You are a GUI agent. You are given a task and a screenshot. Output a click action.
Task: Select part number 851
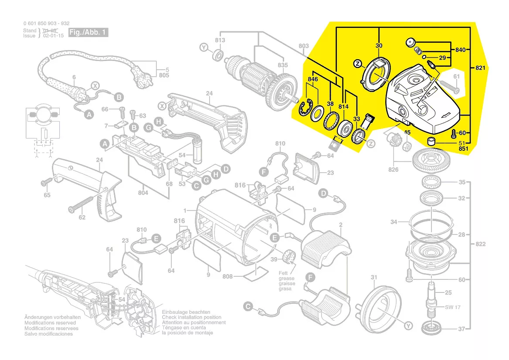pyautogui.click(x=463, y=149)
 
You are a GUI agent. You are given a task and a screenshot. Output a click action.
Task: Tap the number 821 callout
pyautogui.click(x=481, y=68)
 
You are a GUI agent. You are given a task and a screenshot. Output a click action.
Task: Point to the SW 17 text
pyautogui.click(x=453, y=307)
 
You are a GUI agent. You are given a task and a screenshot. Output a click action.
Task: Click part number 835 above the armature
pyautogui.click(x=283, y=65)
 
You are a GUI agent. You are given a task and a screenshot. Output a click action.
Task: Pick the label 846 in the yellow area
pyautogui.click(x=313, y=79)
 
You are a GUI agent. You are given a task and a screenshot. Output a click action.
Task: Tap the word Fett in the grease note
pyautogui.click(x=284, y=273)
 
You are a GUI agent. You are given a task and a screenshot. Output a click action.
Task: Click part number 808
pyautogui.click(x=227, y=276)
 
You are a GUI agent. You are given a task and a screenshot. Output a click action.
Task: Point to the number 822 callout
pyautogui.click(x=480, y=244)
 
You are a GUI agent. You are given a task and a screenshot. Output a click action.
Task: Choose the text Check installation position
pyautogui.click(x=192, y=317)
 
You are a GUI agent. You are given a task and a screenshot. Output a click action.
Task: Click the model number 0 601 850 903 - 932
pyautogui.click(x=46, y=24)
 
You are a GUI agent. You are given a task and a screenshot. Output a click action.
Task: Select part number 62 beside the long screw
pyautogui.click(x=82, y=217)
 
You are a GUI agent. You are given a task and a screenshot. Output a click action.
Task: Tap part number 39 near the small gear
pyautogui.click(x=274, y=259)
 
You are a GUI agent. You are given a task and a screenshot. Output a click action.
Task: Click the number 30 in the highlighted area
pyautogui.click(x=379, y=46)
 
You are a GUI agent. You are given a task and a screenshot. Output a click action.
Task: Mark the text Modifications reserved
pyautogui.click(x=49, y=323)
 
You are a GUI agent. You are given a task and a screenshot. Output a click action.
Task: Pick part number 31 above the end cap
pyautogui.click(x=373, y=277)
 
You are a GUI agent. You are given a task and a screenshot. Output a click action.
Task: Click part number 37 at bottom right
pyautogui.click(x=461, y=329)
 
